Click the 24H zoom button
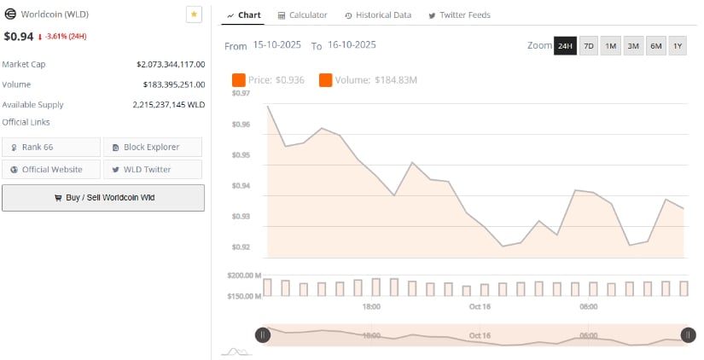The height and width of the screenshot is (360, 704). (x=565, y=46)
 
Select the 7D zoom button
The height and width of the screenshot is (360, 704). (x=589, y=46)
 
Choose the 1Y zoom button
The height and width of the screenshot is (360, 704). (x=678, y=46)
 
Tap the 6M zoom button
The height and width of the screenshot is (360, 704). (x=655, y=46)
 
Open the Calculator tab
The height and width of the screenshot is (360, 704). (x=303, y=15)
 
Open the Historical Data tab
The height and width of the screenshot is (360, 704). (x=378, y=15)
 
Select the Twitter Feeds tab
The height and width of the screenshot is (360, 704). (x=459, y=15)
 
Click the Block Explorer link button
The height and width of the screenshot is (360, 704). (x=153, y=147)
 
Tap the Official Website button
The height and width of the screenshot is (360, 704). (x=51, y=169)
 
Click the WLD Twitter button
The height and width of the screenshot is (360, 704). (x=153, y=169)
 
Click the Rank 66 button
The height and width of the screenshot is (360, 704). (x=51, y=147)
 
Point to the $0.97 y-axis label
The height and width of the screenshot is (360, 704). (x=241, y=93)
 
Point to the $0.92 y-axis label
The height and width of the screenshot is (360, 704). (x=241, y=247)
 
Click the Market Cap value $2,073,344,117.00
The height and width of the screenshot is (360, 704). (x=170, y=64)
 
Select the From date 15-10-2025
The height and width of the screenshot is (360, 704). (x=276, y=45)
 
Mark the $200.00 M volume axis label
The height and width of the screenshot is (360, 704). (x=244, y=276)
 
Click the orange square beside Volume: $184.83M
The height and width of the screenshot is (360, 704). (x=326, y=80)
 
